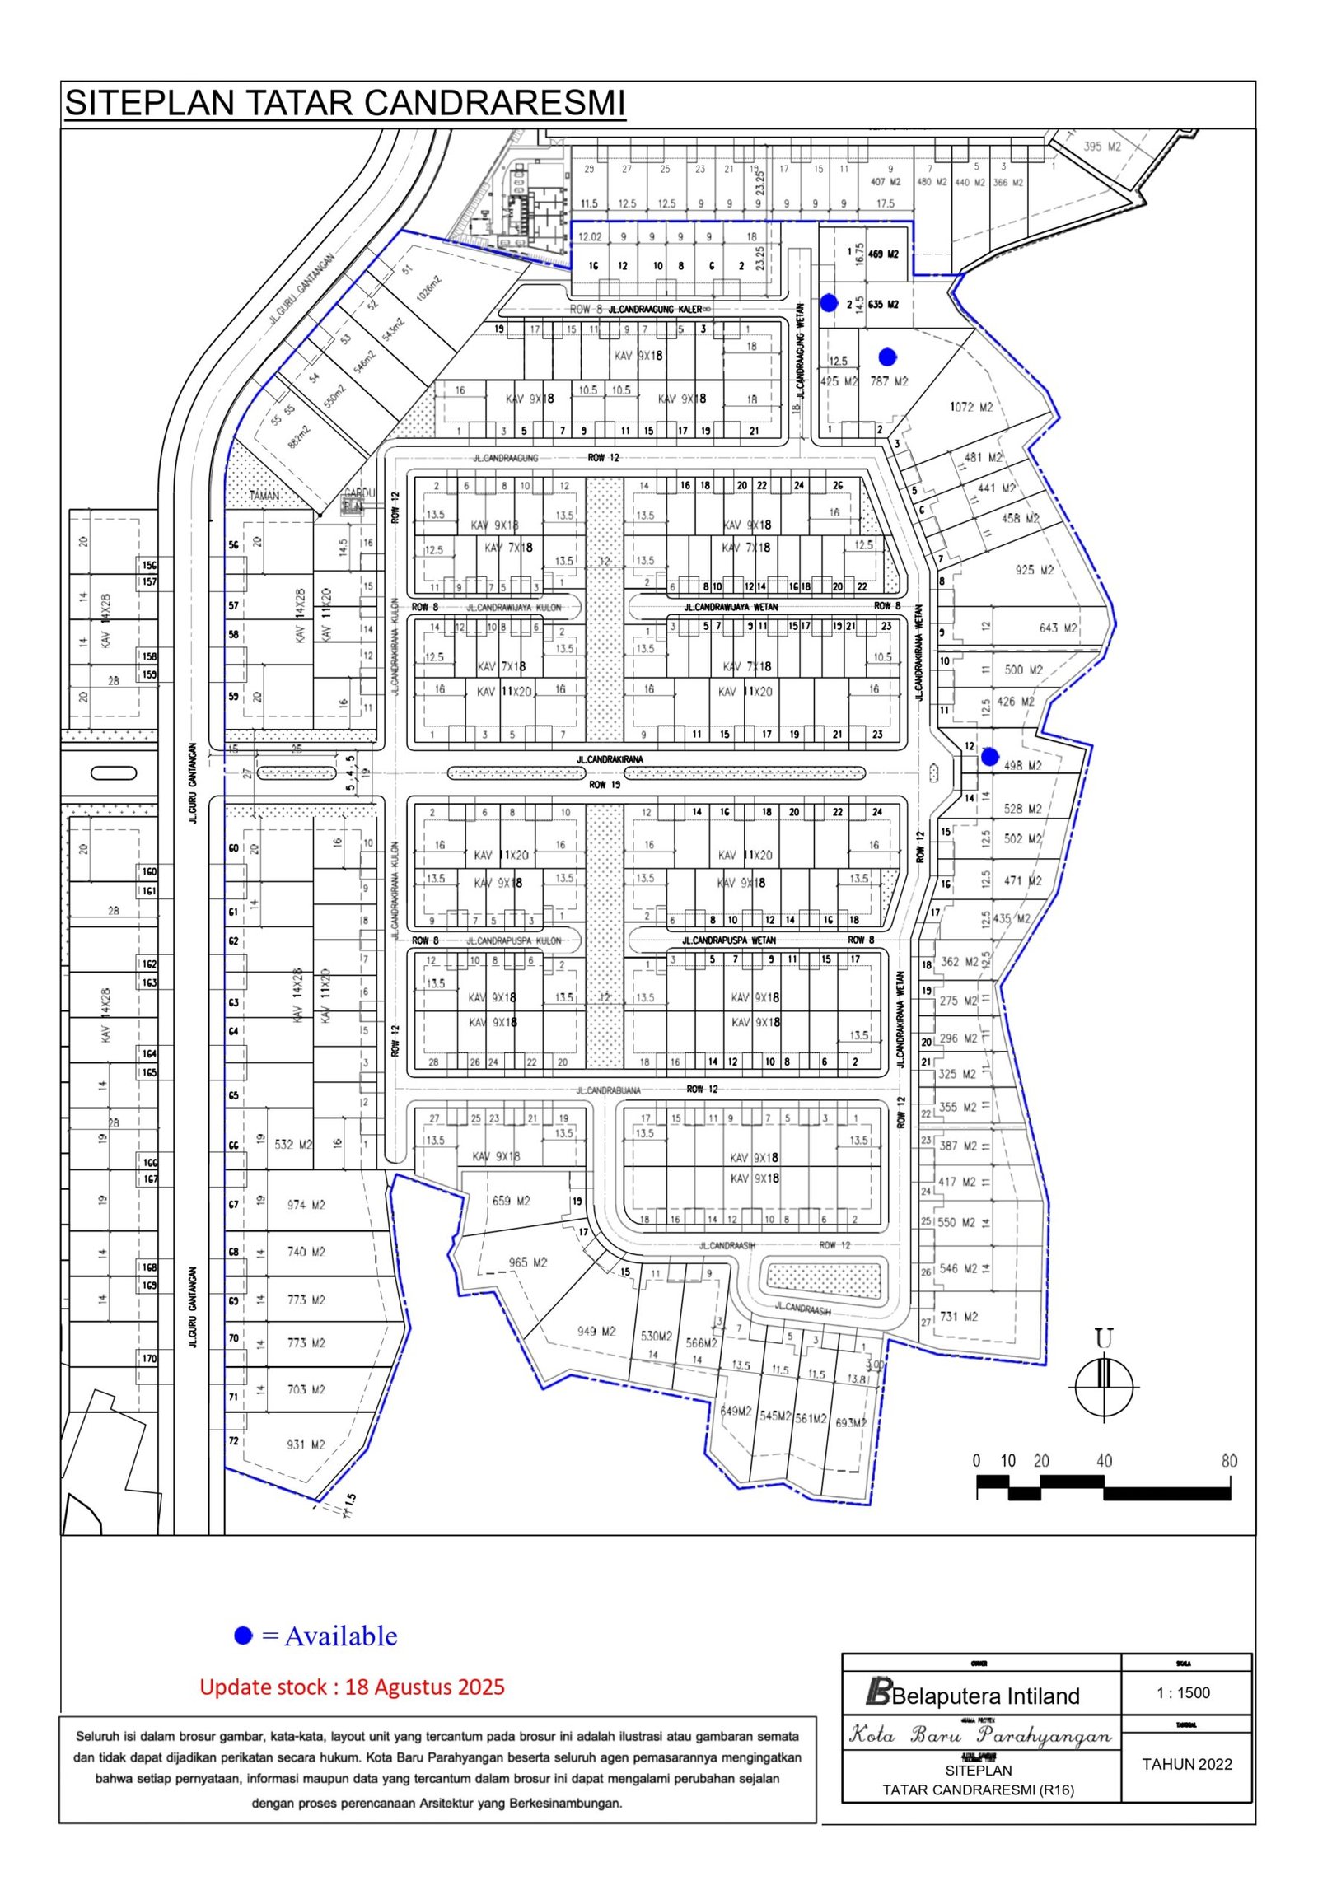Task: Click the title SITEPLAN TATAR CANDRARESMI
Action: coord(345,103)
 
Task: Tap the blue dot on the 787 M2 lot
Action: coord(887,357)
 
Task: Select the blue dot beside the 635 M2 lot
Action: coord(830,303)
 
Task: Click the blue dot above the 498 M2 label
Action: coord(989,754)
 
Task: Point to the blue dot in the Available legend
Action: coord(243,1635)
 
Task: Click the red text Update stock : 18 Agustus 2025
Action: coord(352,1686)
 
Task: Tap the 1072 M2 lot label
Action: coord(972,407)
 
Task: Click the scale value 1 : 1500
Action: coord(1184,1692)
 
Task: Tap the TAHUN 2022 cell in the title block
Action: coord(1187,1765)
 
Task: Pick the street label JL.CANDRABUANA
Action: coord(609,1090)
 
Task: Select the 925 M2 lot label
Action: coord(1035,570)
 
